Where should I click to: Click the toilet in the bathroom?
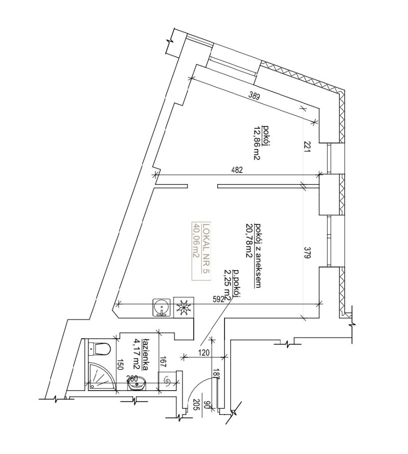coord(99,349)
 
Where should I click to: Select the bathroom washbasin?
coord(137,383)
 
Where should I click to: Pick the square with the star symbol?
coord(183,307)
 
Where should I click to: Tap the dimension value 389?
coord(253,96)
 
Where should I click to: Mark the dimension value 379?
coord(307,252)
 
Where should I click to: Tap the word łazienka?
coord(146,355)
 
